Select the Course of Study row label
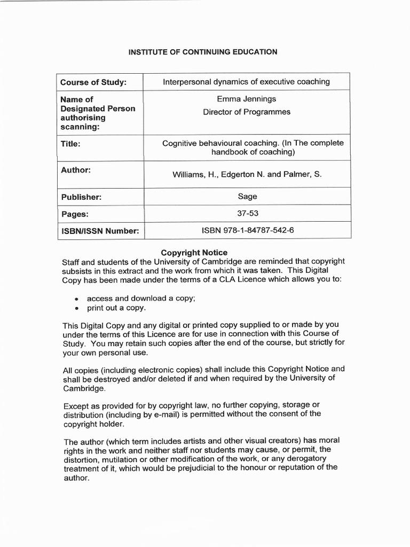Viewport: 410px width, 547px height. point(93,82)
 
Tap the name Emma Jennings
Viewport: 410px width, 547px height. point(246,99)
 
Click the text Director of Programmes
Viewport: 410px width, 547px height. point(246,112)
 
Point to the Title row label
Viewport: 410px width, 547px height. point(70,144)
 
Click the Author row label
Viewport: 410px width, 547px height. point(75,170)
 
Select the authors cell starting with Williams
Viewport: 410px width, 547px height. point(247,175)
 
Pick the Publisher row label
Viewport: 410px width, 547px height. point(81,197)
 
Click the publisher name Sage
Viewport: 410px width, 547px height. point(247,197)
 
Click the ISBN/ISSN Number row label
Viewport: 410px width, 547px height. point(99,231)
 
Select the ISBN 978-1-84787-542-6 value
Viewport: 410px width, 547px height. point(247,231)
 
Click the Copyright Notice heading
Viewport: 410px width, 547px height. point(194,252)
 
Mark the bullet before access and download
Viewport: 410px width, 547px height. point(77,299)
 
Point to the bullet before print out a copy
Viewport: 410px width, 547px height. point(77,309)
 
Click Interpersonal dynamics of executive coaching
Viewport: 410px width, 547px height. point(246,82)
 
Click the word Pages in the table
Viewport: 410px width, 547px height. point(74,214)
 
